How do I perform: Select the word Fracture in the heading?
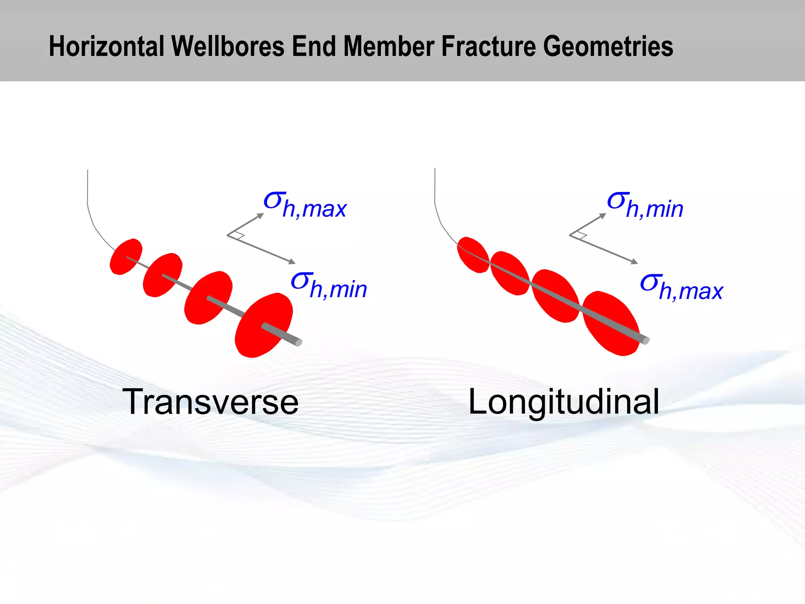tap(489, 46)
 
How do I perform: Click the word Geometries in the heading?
tap(608, 46)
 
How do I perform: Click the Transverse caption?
tap(210, 402)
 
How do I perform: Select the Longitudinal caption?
tap(564, 402)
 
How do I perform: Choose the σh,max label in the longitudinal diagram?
tap(681, 287)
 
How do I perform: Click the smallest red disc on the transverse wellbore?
tap(125, 256)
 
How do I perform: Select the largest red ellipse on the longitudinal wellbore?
tap(610, 323)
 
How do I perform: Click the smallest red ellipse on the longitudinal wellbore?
tap(473, 255)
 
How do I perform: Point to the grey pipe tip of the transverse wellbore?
tap(298, 343)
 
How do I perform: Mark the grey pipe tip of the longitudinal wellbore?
tap(645, 341)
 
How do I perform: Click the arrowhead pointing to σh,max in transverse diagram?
tap(261, 215)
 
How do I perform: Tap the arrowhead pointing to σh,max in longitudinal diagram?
tap(634, 261)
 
